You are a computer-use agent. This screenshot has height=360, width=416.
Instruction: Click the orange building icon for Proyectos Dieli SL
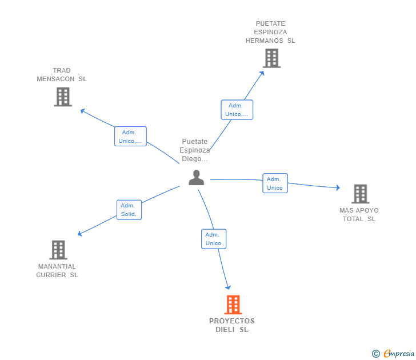pyautogui.click(x=233, y=305)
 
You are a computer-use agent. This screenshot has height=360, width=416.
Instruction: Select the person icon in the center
pyautogui.click(x=196, y=178)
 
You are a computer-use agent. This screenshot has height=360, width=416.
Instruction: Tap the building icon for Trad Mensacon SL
pyautogui.click(x=63, y=97)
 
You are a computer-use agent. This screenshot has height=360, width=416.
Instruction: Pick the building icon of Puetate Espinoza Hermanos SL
pyautogui.click(x=271, y=58)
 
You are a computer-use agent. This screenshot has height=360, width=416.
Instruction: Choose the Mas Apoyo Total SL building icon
pyautogui.click(x=360, y=194)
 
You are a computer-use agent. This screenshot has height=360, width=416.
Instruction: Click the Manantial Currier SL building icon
pyautogui.click(x=58, y=250)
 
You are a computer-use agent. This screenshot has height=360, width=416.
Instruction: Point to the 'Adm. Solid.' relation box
pyautogui.click(x=129, y=210)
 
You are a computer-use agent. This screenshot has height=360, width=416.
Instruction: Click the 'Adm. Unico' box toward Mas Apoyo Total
pyautogui.click(x=275, y=183)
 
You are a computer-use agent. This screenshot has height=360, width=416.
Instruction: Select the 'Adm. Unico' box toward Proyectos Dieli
pyautogui.click(x=214, y=239)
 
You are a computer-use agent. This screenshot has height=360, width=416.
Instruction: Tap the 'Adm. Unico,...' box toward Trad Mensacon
pyautogui.click(x=130, y=137)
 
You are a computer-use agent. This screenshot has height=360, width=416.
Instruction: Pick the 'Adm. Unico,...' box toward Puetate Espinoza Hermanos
pyautogui.click(x=237, y=110)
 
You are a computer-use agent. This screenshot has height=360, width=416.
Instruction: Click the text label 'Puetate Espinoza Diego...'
pyautogui.click(x=195, y=150)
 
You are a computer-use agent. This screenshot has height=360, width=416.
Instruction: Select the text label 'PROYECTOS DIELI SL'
pyautogui.click(x=232, y=325)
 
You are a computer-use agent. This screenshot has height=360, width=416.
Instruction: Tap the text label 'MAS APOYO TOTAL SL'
pyautogui.click(x=359, y=214)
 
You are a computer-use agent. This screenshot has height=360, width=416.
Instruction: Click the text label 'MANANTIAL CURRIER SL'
pyautogui.click(x=57, y=270)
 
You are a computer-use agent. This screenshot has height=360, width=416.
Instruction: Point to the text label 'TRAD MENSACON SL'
pyautogui.click(x=62, y=75)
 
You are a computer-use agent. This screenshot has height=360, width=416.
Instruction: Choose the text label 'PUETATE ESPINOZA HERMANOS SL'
pyautogui.click(x=270, y=32)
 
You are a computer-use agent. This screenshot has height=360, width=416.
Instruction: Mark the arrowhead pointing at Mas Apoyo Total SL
pyautogui.click(x=338, y=187)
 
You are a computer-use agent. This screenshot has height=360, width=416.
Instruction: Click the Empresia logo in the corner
pyautogui.click(x=394, y=353)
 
